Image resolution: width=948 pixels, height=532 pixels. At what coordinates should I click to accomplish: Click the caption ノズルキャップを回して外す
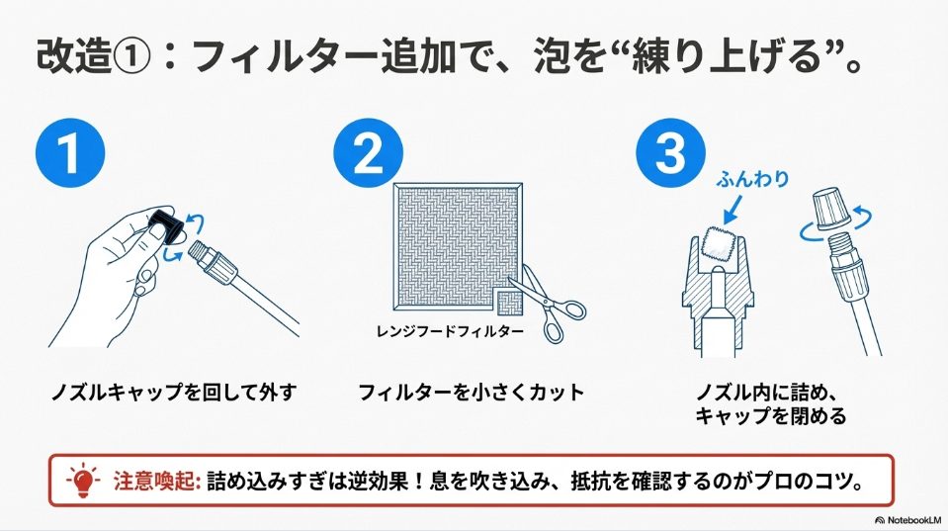[174, 393]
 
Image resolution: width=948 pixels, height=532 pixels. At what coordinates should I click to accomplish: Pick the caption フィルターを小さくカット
[472, 393]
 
